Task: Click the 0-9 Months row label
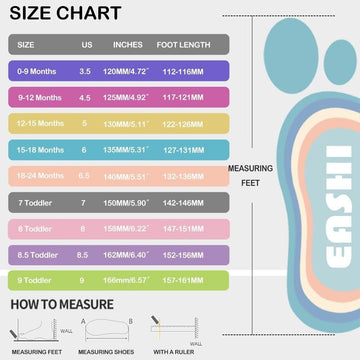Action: [x=38, y=72]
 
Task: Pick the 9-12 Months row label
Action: [x=39, y=98]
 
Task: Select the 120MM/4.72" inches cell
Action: [x=133, y=72]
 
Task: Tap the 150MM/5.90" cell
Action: [x=133, y=201]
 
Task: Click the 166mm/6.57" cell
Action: [x=133, y=278]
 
